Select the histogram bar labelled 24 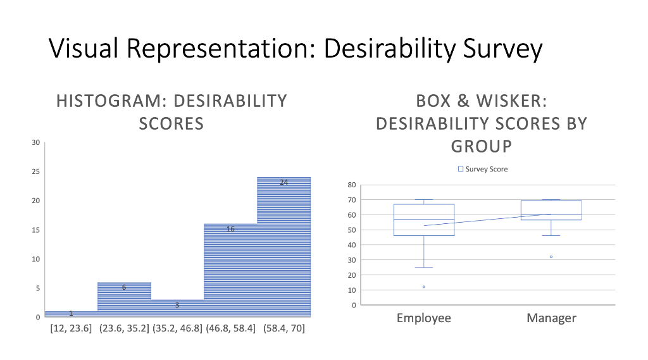pos(283,247)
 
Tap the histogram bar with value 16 pos(230,270)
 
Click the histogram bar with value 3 pos(177,308)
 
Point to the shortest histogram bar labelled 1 pos(71,314)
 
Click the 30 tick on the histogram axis pos(35,142)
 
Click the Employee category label pos(424,318)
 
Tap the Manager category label pos(551,318)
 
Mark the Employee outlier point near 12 pos(424,287)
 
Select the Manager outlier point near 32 pos(551,257)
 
